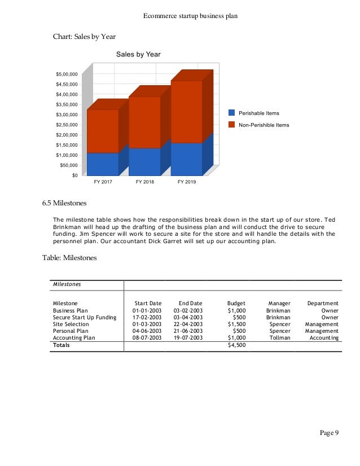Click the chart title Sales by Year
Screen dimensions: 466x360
[x=138, y=55]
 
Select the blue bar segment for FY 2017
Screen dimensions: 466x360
[x=102, y=164]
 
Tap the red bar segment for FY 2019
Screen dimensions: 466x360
[x=186, y=112]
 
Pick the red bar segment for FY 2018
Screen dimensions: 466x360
[x=144, y=122]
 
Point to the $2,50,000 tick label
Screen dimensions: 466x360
[x=67, y=125]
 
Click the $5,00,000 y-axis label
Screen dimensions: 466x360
[x=67, y=74]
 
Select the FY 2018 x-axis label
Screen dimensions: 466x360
[x=145, y=182]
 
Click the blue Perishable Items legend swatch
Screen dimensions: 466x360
[x=231, y=113]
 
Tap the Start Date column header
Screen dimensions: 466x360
[x=148, y=304]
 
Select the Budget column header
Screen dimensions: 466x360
[x=236, y=304]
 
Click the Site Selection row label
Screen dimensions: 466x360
[x=71, y=324]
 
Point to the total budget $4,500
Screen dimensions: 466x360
[x=236, y=345]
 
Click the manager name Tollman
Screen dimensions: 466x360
[x=279, y=338]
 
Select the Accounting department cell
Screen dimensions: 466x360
[x=324, y=338]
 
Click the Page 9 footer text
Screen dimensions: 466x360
[x=329, y=433]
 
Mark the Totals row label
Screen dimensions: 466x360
[x=62, y=345]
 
